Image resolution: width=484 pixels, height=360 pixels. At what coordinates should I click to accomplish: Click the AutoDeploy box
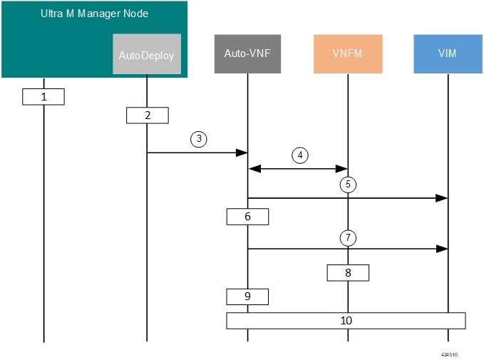point(147,54)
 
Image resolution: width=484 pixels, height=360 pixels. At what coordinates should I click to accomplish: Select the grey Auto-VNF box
point(247,53)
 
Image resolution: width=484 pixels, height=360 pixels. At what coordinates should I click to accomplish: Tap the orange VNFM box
point(348,53)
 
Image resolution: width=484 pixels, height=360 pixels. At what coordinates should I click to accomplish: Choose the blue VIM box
point(448,53)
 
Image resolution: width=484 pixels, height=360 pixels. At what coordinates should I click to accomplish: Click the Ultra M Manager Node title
point(95,14)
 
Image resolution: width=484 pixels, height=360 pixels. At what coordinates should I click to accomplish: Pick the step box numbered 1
point(43,97)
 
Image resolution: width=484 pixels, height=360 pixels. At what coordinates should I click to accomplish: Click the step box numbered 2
point(148,115)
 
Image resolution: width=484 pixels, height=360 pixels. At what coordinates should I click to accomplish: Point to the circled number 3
point(199,139)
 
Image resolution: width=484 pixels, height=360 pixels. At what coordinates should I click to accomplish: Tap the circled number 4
point(300,155)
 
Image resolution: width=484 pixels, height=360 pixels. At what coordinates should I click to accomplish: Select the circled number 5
point(348,185)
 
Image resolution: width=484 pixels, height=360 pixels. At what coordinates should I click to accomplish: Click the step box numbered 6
point(247,217)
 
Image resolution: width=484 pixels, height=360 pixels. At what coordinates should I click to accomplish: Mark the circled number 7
point(348,237)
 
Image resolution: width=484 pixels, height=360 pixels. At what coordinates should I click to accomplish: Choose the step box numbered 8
point(348,272)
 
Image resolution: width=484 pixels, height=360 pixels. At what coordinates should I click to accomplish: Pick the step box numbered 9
point(247,297)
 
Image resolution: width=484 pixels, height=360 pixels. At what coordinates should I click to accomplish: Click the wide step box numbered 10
point(346,321)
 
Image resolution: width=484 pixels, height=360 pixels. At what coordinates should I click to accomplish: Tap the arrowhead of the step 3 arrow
point(242,153)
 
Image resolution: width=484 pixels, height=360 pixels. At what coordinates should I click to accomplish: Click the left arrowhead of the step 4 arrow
point(255,168)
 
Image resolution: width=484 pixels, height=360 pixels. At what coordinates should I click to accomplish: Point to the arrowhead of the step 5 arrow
point(442,198)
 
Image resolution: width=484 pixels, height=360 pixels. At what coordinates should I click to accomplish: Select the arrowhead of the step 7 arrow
point(442,249)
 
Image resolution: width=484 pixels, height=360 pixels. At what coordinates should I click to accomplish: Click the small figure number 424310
point(449,354)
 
